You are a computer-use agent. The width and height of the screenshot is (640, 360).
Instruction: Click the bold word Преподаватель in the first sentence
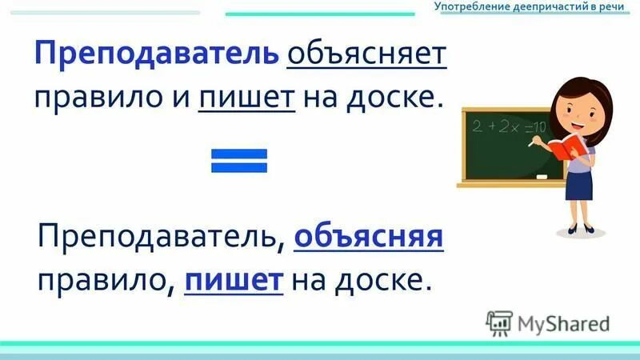155,55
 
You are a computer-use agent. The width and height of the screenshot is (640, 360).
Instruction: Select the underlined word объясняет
366,55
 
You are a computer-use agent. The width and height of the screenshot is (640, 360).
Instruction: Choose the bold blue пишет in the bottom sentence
234,279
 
